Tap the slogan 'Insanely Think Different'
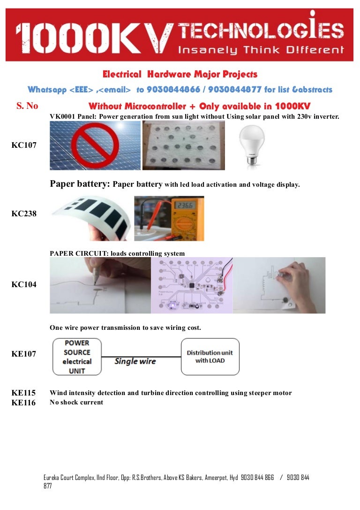(x=260, y=49)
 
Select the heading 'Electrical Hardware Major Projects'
(x=180, y=74)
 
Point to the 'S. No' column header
(x=27, y=106)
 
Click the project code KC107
(x=23, y=145)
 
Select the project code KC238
(x=23, y=213)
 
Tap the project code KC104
(x=23, y=284)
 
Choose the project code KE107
(x=23, y=354)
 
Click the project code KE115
(x=23, y=393)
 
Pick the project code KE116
(x=23, y=403)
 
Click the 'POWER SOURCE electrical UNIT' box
(x=77, y=357)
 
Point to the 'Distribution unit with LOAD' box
(x=210, y=357)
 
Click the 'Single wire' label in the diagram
(x=135, y=361)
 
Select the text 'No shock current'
(x=76, y=402)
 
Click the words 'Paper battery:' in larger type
(x=80, y=184)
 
